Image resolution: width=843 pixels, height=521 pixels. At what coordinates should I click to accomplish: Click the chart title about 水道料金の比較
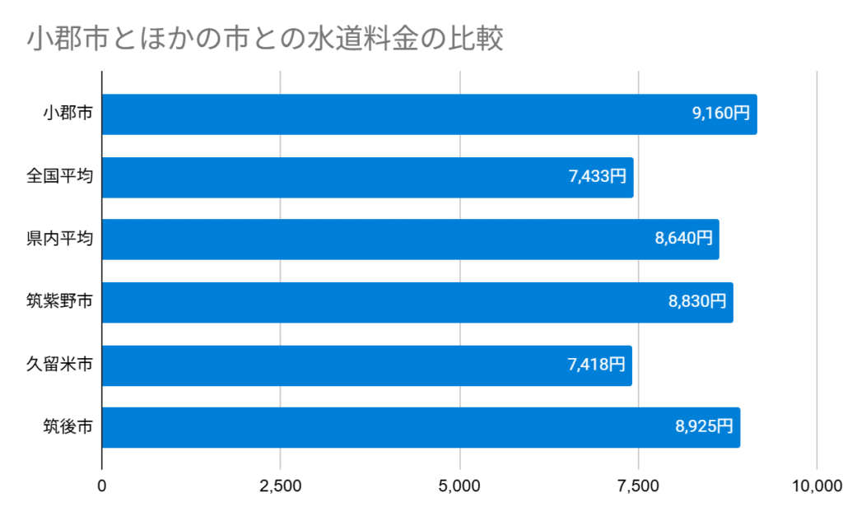tap(264, 40)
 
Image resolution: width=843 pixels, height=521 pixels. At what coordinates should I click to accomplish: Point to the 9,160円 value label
tap(721, 114)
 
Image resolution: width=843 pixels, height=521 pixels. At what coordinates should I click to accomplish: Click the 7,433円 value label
tap(598, 177)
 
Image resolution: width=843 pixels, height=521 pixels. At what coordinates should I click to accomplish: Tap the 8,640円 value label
tap(683, 240)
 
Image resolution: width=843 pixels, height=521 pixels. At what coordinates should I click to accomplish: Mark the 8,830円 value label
tap(697, 302)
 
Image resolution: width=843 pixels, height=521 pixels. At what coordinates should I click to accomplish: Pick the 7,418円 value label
tap(597, 365)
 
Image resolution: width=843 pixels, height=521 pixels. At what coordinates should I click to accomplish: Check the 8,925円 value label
tap(704, 427)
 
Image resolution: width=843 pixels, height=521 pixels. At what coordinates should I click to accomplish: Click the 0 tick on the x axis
tap(102, 486)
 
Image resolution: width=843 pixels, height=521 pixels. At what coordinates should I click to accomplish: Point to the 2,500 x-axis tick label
tap(281, 486)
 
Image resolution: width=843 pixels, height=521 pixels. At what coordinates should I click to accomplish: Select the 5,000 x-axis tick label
tap(459, 486)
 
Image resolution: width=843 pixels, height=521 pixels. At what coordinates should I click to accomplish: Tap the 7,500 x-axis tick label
tap(638, 486)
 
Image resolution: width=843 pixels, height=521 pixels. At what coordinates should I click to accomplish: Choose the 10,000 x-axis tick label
tap(815, 486)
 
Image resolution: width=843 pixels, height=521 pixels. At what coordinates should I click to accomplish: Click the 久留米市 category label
tap(59, 365)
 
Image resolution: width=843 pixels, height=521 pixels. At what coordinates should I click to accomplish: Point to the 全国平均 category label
tap(59, 177)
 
